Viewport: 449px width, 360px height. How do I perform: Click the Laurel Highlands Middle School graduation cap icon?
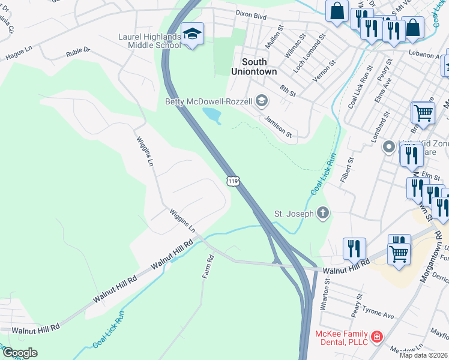(x=193, y=34)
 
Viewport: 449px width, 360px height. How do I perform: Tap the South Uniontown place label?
(x=255, y=67)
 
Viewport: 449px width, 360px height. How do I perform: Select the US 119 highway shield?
(x=233, y=181)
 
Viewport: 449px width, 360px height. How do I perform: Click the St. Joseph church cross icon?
(x=323, y=212)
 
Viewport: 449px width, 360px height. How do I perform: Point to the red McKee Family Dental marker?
(x=376, y=337)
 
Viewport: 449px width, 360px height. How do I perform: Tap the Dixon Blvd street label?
(x=251, y=16)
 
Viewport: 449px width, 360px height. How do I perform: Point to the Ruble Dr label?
(x=79, y=51)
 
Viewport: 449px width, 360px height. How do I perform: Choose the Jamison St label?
(x=277, y=127)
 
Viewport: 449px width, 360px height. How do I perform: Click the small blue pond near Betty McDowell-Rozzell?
(x=212, y=115)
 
